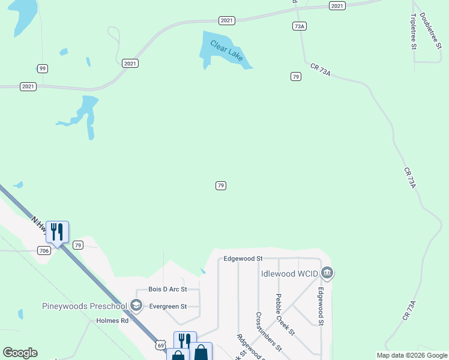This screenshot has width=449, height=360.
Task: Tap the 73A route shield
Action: [300, 26]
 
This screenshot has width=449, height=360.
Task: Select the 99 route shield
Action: [42, 68]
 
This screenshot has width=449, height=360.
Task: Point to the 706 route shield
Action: [43, 250]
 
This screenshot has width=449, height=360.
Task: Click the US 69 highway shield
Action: [160, 344]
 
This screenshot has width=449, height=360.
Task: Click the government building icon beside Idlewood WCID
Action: [327, 274]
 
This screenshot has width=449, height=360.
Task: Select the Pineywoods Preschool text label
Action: [85, 306]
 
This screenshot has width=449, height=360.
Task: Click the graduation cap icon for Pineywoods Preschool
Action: [136, 306]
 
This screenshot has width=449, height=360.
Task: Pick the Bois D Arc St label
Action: [168, 289]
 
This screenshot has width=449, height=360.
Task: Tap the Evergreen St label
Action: [168, 306]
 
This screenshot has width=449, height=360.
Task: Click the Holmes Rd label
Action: [113, 320]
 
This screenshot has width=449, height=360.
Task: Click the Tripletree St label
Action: [414, 32]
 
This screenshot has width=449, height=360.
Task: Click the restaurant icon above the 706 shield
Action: [57, 232]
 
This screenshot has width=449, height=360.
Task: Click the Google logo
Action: [20, 353]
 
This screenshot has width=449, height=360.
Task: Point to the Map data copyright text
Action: [412, 355]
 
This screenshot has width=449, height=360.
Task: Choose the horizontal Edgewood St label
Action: [243, 259]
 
